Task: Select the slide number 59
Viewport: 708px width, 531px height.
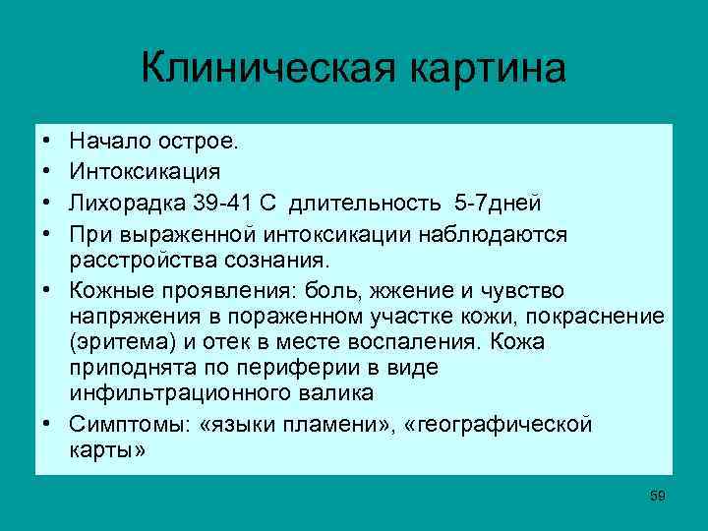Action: (x=658, y=496)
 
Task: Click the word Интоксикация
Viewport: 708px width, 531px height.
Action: (x=144, y=172)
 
